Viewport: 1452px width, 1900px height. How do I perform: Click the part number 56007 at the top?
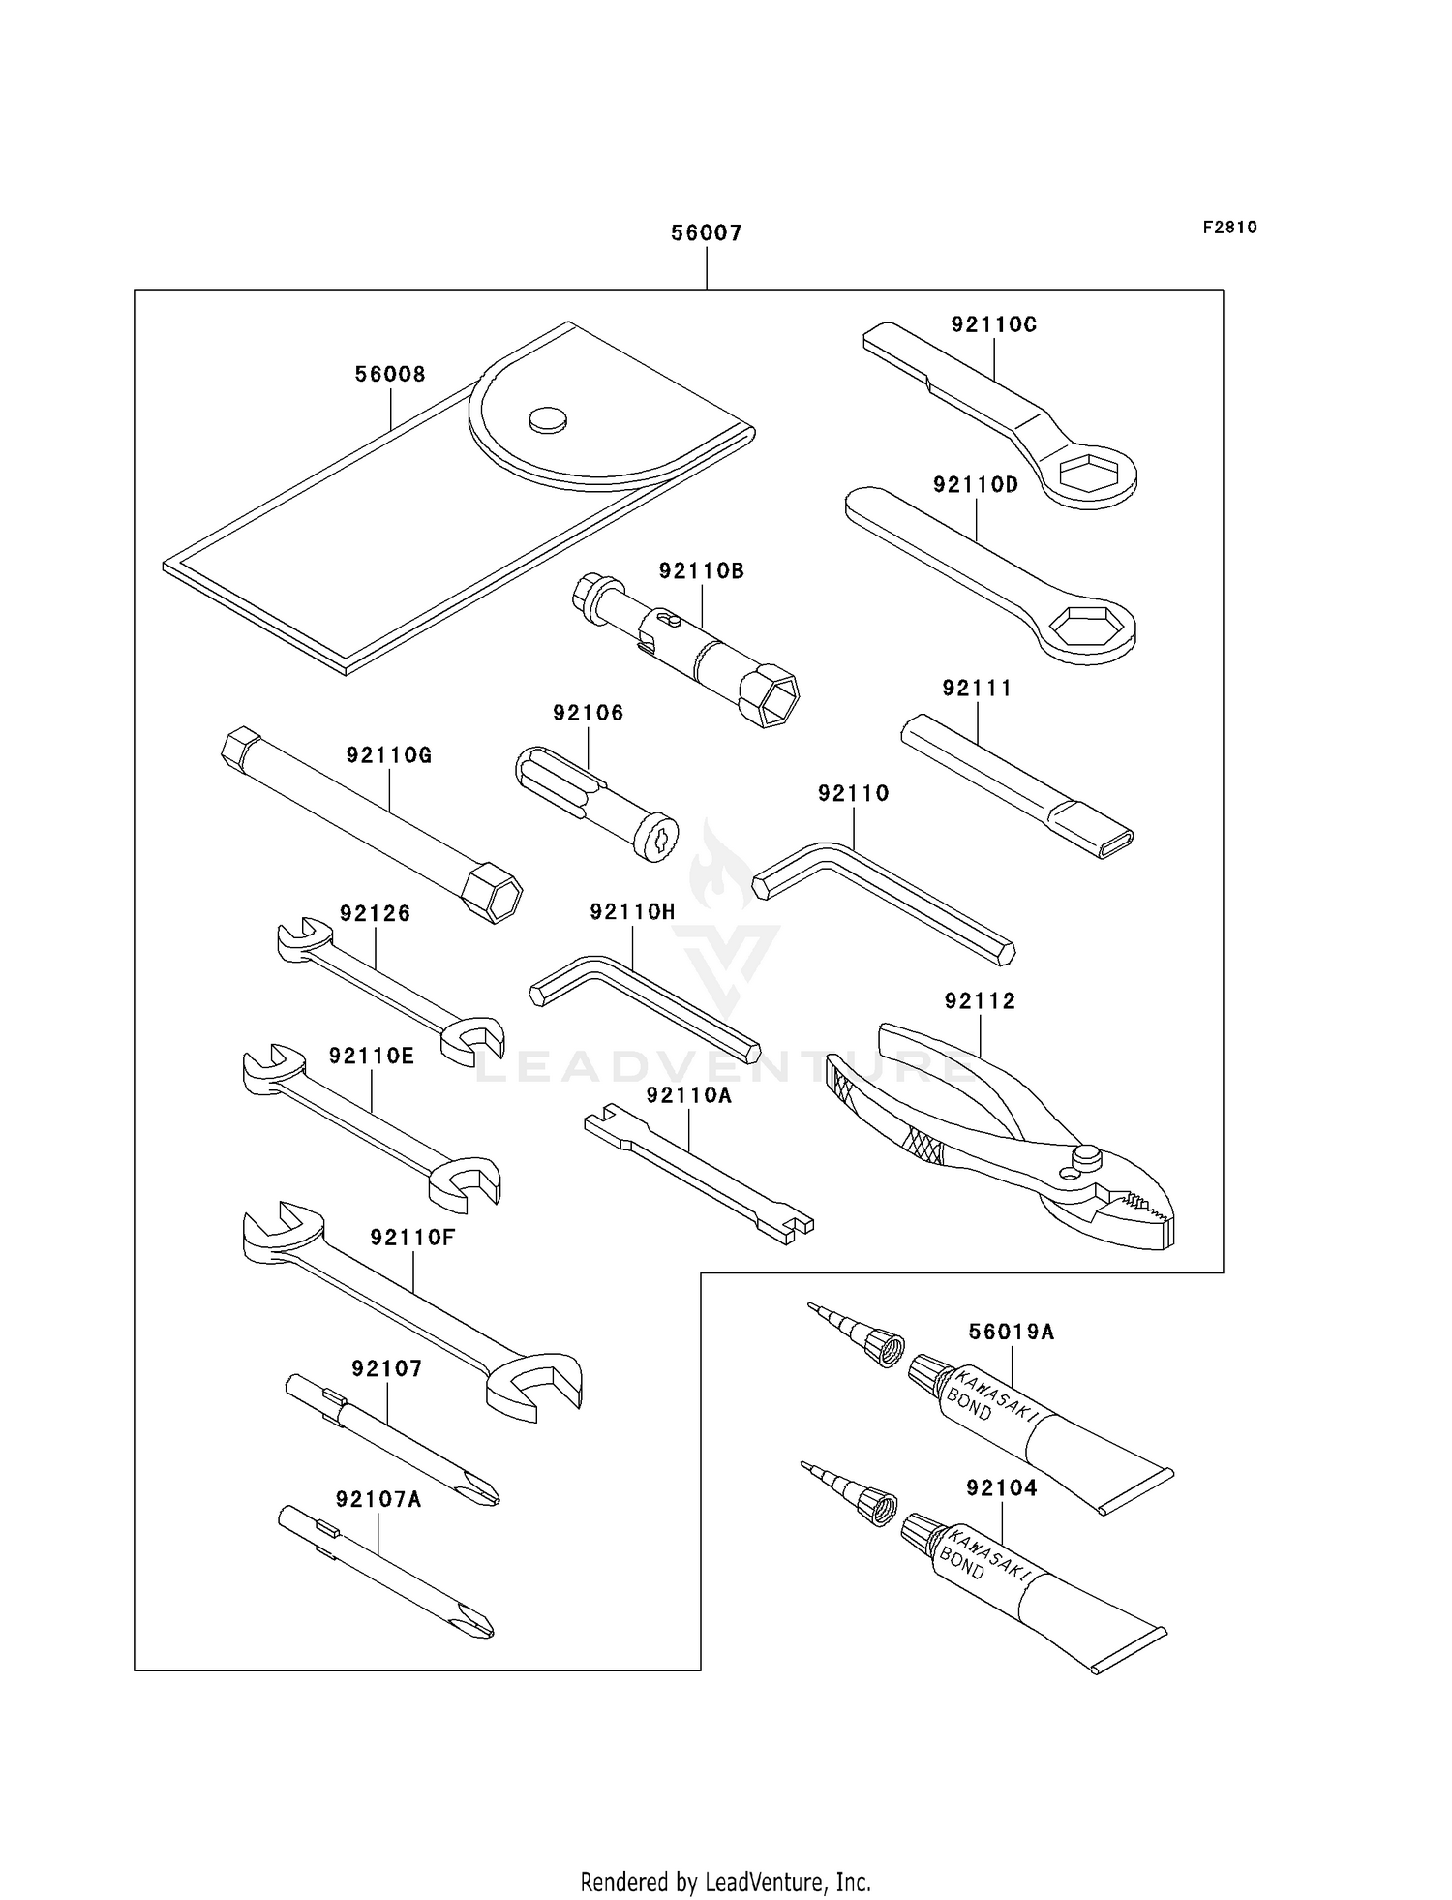click(706, 232)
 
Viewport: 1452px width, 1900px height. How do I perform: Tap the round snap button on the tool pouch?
click(547, 419)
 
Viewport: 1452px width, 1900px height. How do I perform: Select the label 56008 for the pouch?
click(389, 374)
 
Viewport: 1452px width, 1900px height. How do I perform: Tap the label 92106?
click(588, 713)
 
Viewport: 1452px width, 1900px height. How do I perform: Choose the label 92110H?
click(632, 911)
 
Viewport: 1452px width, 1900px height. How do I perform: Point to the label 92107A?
click(378, 1499)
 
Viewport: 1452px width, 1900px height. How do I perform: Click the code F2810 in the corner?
click(1229, 228)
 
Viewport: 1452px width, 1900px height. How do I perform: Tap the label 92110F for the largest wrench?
click(411, 1237)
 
